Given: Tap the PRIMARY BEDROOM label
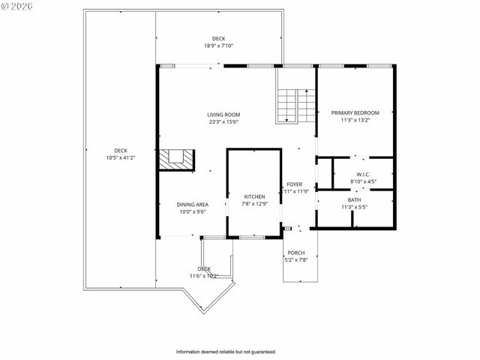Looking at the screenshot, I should (355, 113).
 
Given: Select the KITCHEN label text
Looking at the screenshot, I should (254, 196).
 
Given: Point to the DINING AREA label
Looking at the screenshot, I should (192, 205).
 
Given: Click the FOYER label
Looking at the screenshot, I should (294, 184).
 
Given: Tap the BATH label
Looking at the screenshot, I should (354, 200).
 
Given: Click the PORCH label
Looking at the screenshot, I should (296, 253).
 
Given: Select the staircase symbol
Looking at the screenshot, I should (287, 105).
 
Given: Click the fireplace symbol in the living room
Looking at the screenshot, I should (176, 159).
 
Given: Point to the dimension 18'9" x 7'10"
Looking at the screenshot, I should (218, 46).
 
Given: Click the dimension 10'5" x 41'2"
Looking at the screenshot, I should (120, 157).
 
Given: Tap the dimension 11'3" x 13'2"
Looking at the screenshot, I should (355, 120).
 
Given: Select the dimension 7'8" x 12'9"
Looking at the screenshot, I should (254, 204).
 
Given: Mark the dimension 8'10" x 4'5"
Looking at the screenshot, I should (363, 181).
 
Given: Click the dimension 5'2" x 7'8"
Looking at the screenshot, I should (296, 260).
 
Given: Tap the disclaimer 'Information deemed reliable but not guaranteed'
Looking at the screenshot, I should (226, 352).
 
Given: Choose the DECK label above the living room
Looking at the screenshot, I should (218, 39).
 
